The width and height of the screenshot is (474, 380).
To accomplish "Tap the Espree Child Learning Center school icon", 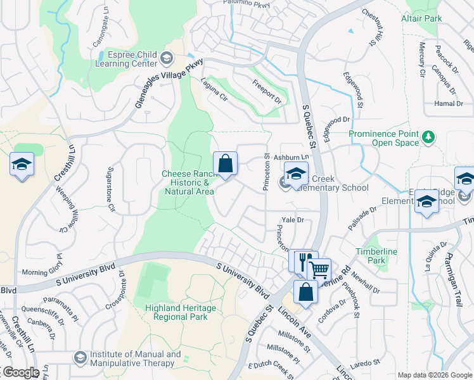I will [167, 59].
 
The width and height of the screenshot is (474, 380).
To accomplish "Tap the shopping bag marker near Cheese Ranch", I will [225, 164].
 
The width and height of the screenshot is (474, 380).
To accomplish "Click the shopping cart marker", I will [319, 270].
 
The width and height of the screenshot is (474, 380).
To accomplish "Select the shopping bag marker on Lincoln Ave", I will [305, 293].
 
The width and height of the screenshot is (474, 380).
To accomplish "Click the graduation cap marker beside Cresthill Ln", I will [22, 165].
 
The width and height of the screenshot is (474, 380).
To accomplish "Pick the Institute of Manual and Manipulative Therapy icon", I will [80, 358].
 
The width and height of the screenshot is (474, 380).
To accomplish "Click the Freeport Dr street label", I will [267, 91].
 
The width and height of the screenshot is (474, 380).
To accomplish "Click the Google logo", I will [20, 372].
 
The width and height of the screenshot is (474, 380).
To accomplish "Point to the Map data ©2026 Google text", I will [433, 375].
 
